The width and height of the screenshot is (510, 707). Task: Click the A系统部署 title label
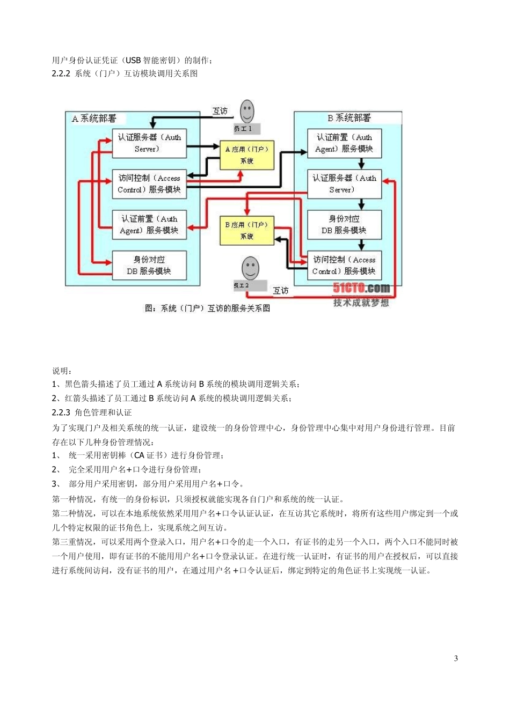94,119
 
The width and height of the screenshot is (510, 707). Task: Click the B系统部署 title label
349,118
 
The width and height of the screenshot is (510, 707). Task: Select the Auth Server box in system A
149,143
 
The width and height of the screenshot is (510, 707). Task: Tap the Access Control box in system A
149,184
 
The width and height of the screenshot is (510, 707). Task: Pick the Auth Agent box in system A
149,225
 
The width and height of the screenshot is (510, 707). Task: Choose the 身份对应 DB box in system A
149,266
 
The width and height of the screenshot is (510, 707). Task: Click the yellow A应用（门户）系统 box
247,155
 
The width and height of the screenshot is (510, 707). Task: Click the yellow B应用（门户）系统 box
247,231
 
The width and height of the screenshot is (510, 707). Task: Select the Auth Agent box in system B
344,143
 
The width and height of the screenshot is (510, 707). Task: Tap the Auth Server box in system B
344,184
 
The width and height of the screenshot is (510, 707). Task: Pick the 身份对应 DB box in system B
344,225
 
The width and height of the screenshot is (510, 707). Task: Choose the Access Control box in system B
344,266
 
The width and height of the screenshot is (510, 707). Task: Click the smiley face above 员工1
247,112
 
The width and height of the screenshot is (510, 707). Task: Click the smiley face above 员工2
250,268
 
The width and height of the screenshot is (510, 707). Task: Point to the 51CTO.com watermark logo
361,288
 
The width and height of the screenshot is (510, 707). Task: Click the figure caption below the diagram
207,308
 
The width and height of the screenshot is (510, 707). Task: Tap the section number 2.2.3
61,413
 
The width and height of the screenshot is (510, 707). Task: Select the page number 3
456,659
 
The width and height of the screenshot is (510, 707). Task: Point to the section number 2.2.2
61,73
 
